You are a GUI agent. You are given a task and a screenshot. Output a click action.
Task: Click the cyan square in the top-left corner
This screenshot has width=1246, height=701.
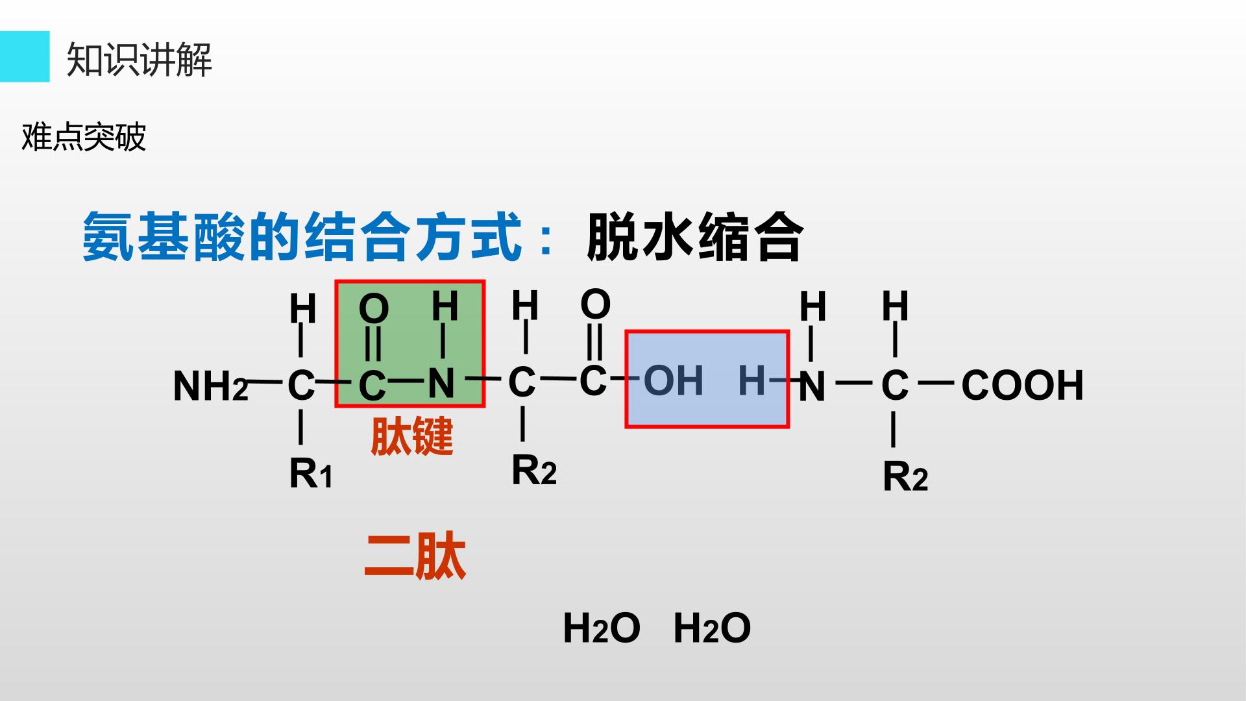tap(25, 56)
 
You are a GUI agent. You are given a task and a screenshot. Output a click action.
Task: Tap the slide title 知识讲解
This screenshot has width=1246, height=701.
tap(140, 60)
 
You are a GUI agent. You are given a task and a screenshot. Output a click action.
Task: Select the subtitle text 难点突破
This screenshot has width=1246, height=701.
tap(84, 138)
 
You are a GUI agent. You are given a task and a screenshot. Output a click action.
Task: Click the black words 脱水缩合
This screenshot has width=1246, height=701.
tap(695, 237)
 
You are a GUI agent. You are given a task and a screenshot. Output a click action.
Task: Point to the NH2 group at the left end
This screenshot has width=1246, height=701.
tap(211, 386)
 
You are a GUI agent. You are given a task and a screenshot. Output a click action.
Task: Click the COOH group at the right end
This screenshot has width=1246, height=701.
tap(1023, 385)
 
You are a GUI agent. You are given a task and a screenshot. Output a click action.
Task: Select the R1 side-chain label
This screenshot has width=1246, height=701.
tap(311, 473)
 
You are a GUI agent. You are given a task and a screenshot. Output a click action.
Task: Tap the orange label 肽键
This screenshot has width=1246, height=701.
tap(412, 436)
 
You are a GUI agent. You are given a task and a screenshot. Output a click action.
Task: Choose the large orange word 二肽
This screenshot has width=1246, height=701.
tap(415, 556)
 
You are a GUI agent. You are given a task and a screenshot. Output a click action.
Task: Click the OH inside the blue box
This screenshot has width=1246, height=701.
tap(674, 380)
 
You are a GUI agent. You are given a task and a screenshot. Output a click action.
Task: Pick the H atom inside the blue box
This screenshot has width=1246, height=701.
tap(752, 380)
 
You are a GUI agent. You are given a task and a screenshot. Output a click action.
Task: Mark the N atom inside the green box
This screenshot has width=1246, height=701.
tap(441, 384)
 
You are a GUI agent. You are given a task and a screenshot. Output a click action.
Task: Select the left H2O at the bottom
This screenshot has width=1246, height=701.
tap(602, 628)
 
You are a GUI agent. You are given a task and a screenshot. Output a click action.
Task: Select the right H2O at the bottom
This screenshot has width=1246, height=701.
tap(712, 628)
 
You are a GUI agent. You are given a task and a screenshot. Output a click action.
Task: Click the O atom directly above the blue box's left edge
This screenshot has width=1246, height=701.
tap(596, 304)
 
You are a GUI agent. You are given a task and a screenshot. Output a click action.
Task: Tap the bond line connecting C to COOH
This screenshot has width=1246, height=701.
tap(936, 382)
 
